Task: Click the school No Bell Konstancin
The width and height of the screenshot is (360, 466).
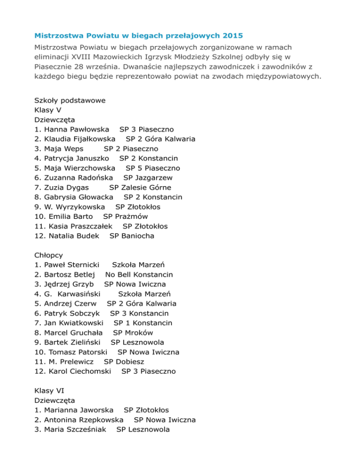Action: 139,274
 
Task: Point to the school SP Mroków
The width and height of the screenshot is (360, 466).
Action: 133,332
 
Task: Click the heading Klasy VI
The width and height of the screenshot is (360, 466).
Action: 50,391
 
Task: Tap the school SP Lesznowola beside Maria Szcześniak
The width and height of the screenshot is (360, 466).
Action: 143,429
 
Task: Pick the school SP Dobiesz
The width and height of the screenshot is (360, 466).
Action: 124,361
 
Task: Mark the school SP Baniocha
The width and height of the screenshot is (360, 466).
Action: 132,236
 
